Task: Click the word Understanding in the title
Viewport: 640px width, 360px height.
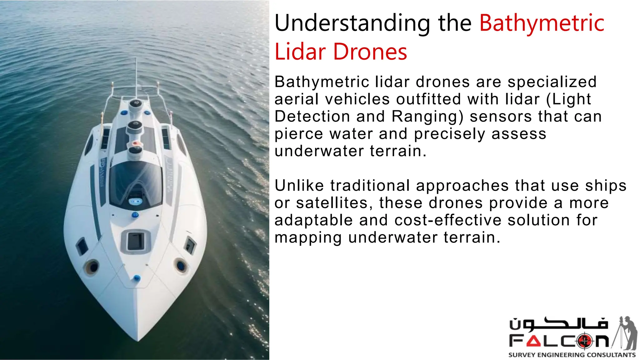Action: point(352,23)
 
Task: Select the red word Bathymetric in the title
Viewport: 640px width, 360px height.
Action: point(542,23)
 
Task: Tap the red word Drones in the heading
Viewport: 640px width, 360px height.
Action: point(370,52)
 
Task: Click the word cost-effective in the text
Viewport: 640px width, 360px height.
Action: point(448,220)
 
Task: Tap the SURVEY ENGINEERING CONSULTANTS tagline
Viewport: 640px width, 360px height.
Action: point(572,355)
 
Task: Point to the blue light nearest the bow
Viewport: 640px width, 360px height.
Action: point(137,278)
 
